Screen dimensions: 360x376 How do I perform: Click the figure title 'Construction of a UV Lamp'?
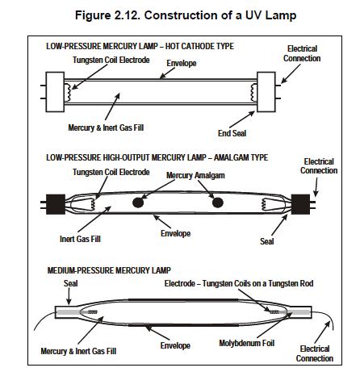point(220,15)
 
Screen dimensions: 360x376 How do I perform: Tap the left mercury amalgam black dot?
point(138,203)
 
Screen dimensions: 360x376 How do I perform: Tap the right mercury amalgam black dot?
point(217,203)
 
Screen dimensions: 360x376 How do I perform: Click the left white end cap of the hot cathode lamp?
point(55,92)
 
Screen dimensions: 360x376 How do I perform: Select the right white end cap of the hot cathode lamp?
point(266,92)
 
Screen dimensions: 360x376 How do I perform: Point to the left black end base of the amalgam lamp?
point(56,204)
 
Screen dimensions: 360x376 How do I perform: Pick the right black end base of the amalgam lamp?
point(300,204)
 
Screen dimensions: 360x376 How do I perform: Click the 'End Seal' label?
point(232,133)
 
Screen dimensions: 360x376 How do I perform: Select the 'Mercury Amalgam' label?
point(195,175)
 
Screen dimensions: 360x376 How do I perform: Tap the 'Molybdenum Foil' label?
point(247,343)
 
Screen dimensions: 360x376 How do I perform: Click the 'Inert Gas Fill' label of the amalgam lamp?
point(80,239)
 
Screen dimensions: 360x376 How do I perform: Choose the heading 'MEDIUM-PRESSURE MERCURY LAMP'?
point(109,270)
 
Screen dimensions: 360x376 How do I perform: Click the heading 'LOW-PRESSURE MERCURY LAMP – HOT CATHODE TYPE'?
point(140,46)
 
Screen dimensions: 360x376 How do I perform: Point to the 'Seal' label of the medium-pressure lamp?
point(70,283)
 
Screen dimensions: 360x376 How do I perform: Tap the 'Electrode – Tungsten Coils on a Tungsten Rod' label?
point(239,283)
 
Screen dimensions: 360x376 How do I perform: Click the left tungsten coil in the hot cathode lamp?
point(68,92)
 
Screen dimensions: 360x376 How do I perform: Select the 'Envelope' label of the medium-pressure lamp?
point(175,345)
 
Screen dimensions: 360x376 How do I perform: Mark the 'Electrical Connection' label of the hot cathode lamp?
point(302,53)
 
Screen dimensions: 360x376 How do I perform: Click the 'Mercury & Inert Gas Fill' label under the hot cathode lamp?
point(106,127)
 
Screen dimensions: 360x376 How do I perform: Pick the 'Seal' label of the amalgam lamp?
point(267,241)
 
